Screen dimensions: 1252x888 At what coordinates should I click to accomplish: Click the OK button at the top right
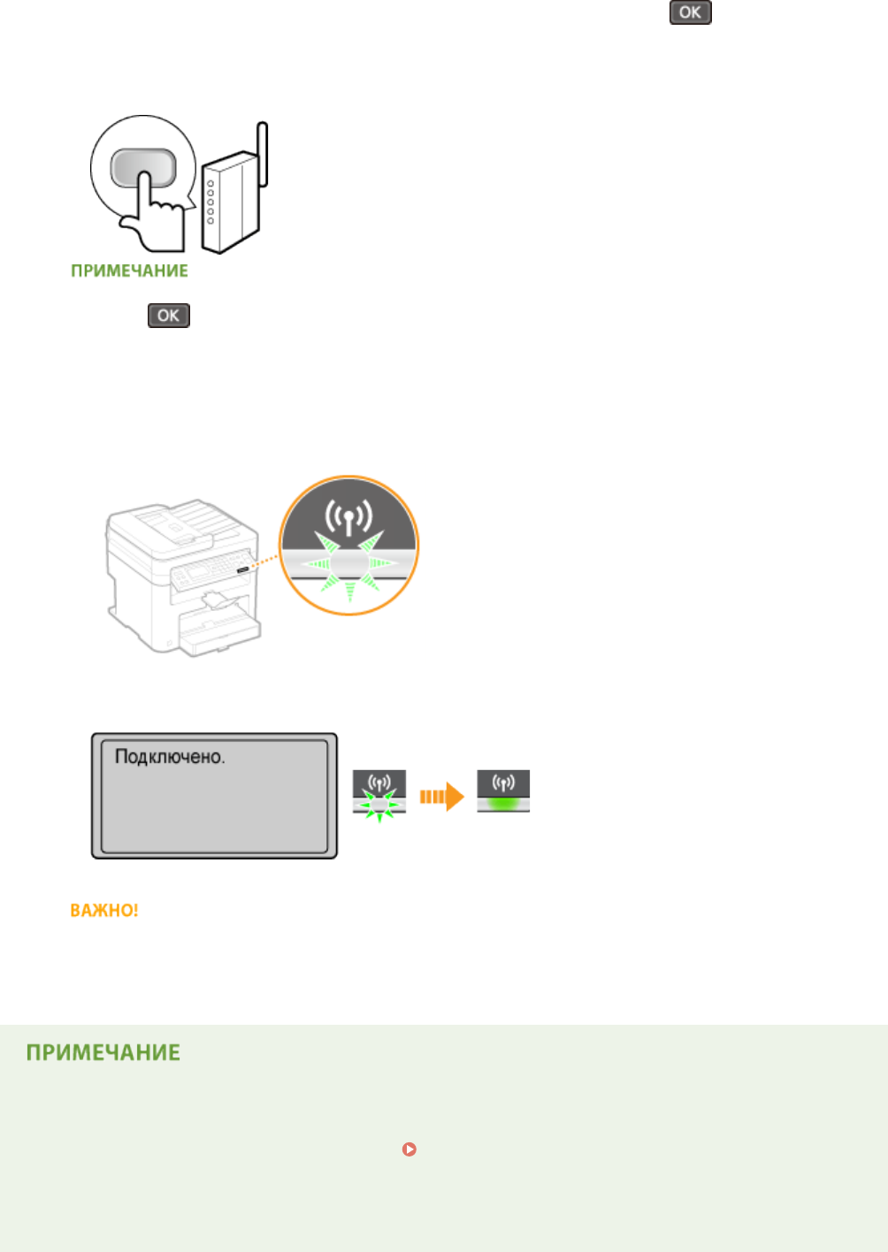(690, 12)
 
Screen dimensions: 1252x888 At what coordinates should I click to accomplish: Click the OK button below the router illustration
(168, 316)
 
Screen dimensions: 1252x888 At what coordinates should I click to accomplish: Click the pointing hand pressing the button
(153, 220)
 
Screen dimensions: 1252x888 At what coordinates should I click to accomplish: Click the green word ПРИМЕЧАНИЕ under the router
(129, 271)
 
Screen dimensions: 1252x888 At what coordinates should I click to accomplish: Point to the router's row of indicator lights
(211, 202)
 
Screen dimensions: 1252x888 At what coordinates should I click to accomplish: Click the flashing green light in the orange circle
(348, 563)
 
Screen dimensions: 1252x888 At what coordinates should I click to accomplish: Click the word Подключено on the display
(170, 757)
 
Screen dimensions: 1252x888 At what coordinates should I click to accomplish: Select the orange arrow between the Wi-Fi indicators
(441, 797)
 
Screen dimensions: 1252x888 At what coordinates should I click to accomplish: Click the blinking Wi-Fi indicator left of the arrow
(379, 791)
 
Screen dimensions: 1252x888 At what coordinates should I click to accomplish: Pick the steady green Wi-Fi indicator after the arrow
(503, 791)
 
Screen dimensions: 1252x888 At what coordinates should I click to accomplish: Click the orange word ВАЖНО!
(104, 910)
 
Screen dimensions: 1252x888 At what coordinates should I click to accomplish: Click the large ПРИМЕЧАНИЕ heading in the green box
(103, 1052)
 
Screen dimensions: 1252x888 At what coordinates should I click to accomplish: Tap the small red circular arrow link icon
(409, 1149)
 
